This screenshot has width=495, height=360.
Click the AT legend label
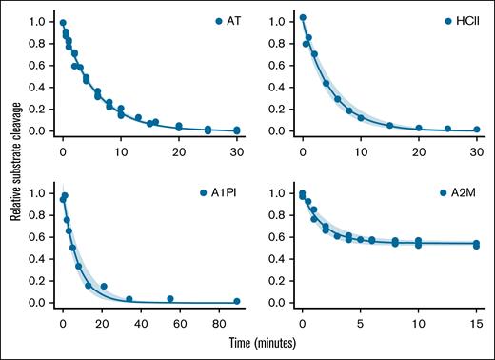[227, 21]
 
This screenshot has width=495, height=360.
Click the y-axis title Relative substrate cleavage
[16, 167]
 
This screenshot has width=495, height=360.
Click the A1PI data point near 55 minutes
[170, 299]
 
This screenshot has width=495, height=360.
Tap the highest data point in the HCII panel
[304, 17]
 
